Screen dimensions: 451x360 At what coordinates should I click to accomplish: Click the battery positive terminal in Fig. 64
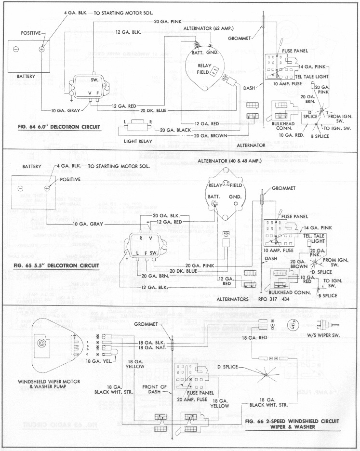click(x=42, y=49)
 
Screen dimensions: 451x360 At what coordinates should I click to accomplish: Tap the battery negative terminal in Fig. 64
click(x=15, y=49)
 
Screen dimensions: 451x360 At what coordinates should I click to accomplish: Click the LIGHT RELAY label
click(x=138, y=141)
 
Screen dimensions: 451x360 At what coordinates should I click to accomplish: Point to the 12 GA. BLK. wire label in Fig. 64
click(x=129, y=32)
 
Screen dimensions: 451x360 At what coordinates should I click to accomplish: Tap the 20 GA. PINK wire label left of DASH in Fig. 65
click(x=201, y=265)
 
